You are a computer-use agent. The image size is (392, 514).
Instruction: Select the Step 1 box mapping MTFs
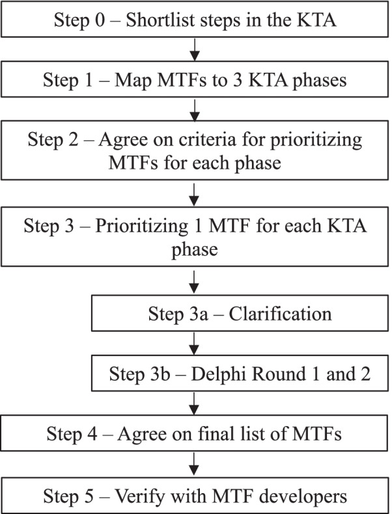195,82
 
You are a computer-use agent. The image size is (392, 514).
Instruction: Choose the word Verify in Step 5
139,496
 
